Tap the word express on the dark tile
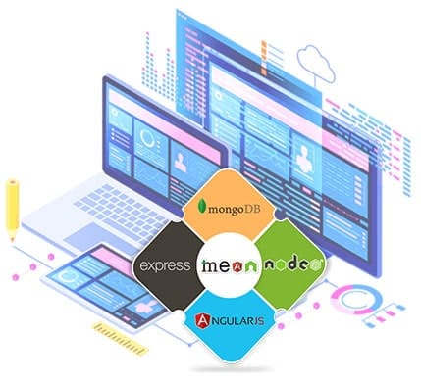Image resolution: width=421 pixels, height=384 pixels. tap(165, 265)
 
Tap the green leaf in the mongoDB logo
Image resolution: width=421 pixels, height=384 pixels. tap(201, 207)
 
